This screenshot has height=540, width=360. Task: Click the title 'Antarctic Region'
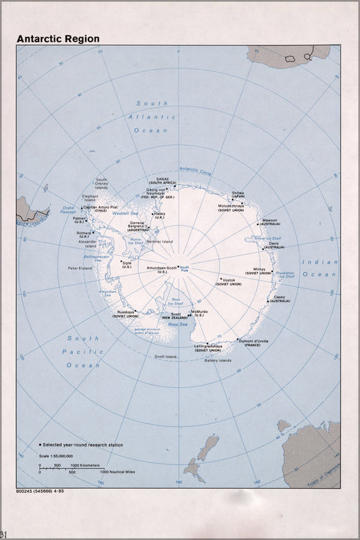point(58,39)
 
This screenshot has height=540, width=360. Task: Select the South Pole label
point(185,269)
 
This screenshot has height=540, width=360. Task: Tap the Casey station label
point(280,297)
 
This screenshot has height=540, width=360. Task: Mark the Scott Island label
point(166,357)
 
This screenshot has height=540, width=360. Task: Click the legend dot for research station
point(39,445)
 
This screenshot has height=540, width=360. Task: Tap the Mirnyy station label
point(255,269)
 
